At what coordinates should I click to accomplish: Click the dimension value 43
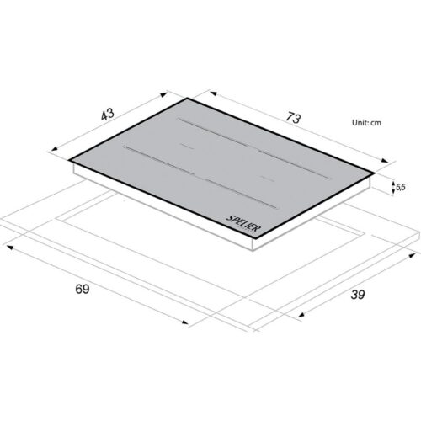coord(108,115)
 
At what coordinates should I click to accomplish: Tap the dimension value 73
coord(293,118)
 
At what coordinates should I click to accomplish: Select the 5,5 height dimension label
coord(400,187)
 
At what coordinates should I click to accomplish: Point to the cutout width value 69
coord(83,289)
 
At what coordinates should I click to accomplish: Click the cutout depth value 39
coord(358,295)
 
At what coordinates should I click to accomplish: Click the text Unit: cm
coord(366,123)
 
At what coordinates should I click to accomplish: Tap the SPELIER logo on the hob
coord(243,223)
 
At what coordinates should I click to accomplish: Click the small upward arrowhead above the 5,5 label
coord(393,184)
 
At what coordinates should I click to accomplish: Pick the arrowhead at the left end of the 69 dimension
coord(10,248)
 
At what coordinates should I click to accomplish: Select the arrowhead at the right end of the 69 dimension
coord(185,322)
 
